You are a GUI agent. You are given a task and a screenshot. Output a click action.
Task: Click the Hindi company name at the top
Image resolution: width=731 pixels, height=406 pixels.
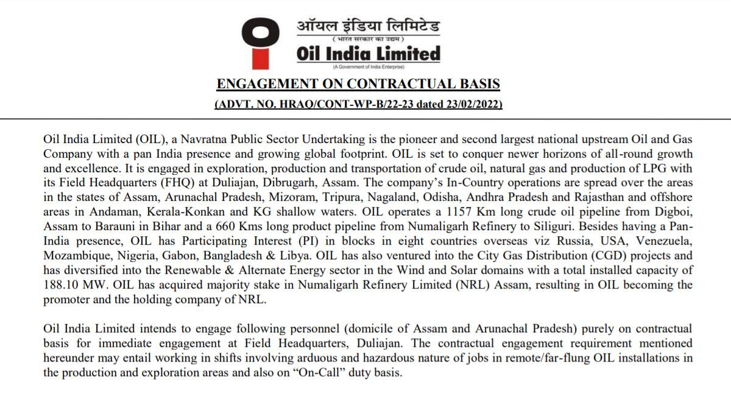click(x=368, y=26)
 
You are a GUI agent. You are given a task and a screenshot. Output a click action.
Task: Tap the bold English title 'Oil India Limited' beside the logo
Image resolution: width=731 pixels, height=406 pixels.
click(x=368, y=54)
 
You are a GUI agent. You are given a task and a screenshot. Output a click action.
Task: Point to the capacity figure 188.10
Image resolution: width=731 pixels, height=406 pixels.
click(x=63, y=285)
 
